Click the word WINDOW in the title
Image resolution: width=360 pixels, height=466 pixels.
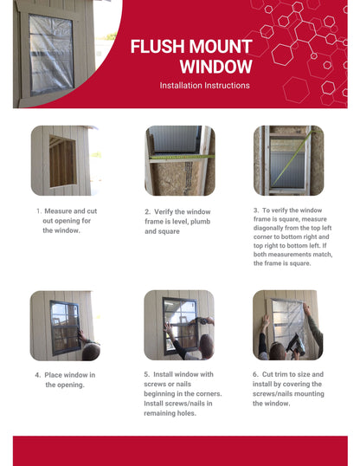(216, 67)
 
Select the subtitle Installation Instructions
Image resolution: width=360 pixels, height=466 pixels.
(204, 86)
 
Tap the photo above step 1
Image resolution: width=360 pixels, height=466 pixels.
(66, 161)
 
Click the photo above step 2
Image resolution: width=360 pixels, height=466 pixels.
(179, 161)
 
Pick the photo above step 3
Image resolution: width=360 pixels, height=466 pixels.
(288, 161)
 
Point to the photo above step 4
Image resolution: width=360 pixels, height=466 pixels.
(66, 325)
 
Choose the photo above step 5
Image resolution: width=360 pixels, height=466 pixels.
(179, 325)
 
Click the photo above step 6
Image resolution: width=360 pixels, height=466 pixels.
(288, 325)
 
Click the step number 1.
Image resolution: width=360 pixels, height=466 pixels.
(38, 211)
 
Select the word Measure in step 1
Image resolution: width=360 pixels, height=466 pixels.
(60, 211)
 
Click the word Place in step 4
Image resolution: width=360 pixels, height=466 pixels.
(56, 375)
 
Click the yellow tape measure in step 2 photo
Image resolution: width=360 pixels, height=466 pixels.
(179, 159)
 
